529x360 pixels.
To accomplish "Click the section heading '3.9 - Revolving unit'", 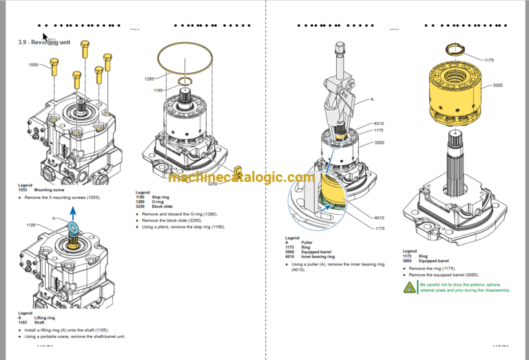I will pyautogui.click(x=44, y=43).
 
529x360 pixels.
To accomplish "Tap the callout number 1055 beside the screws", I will pyautogui.click(x=34, y=65).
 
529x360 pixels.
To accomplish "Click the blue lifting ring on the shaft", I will pyautogui.click(x=73, y=229).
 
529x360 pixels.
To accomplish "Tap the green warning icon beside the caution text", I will pyautogui.click(x=409, y=286).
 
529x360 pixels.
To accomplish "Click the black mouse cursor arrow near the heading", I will pyautogui.click(x=45, y=38).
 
